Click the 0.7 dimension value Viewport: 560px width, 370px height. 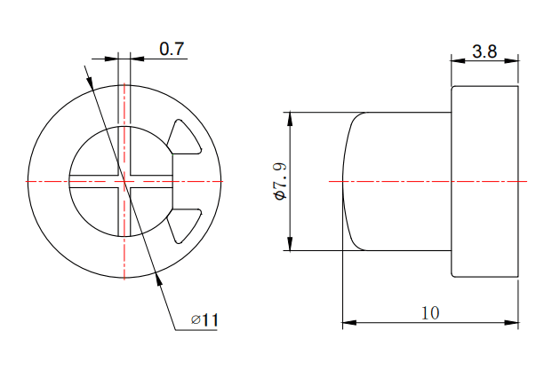click(172, 49)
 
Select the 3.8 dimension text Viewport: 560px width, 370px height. click(484, 51)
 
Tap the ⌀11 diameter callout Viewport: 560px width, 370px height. click(204, 319)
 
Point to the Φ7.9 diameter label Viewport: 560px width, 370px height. click(281, 181)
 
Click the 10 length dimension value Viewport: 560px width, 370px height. click(430, 313)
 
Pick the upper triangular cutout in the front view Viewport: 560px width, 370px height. click(184, 138)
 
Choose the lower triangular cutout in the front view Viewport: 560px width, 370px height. click(184, 226)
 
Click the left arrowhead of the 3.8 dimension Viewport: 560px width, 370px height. click(458, 61)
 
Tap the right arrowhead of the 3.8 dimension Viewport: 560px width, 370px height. click(511, 61)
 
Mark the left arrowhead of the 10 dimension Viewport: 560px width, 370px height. click(349, 323)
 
